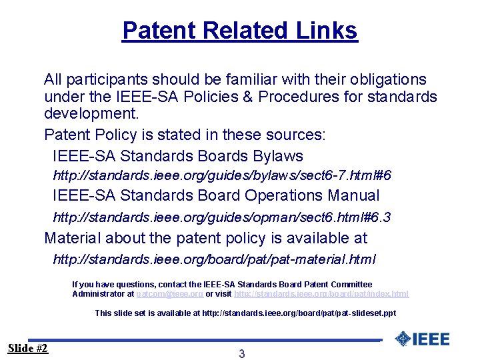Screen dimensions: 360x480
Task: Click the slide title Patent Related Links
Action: [x=240, y=31]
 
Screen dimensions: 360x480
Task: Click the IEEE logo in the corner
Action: [x=422, y=339]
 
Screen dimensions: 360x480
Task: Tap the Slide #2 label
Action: [x=28, y=348]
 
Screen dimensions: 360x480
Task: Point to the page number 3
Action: [x=241, y=354]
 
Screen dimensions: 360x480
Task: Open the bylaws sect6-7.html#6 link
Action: [x=222, y=176]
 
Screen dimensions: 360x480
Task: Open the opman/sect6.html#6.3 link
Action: [x=222, y=217]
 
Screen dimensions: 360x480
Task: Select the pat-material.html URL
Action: [x=214, y=259]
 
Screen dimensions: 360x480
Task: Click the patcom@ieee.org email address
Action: [x=169, y=294]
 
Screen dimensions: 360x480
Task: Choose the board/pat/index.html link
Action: [x=321, y=294]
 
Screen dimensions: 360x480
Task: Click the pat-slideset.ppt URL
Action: [x=299, y=313]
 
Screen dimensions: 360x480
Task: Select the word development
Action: [x=91, y=115]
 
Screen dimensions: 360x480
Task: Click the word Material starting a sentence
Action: [x=70, y=238]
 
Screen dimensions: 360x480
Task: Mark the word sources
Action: [x=297, y=135]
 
